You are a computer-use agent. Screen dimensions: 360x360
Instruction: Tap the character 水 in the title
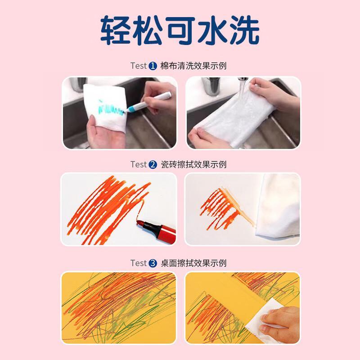click(x=212, y=30)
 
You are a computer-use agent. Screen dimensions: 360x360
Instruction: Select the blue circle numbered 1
click(x=153, y=66)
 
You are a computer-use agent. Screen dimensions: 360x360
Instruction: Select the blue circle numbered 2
click(x=153, y=165)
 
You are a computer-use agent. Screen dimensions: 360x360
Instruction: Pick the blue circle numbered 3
click(x=153, y=263)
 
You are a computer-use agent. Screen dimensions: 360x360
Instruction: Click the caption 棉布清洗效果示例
click(x=193, y=66)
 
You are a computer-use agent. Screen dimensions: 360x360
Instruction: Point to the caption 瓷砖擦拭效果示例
click(x=193, y=165)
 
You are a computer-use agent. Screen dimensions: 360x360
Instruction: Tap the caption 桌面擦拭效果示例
click(x=193, y=263)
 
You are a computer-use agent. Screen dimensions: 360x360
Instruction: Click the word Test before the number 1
click(x=138, y=66)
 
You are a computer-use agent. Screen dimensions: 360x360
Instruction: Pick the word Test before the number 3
click(x=138, y=263)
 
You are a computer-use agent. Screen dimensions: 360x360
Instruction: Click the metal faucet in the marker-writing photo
click(x=78, y=84)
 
